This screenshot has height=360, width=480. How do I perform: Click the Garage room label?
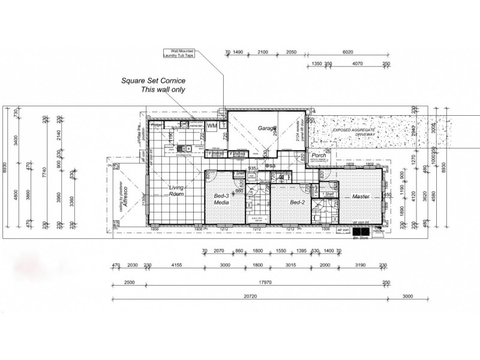[x=267, y=128]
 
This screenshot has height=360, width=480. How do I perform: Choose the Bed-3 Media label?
[x=222, y=199]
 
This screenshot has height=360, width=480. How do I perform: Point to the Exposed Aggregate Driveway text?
[x=354, y=133]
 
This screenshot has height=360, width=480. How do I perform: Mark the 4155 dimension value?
[x=176, y=265]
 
